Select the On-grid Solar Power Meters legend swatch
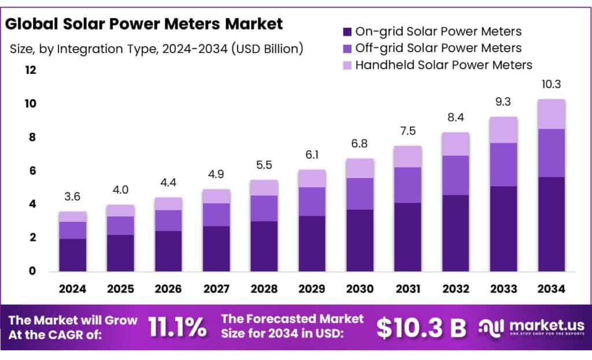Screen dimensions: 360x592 click(x=347, y=31)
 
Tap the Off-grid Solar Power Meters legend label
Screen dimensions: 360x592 click(x=438, y=48)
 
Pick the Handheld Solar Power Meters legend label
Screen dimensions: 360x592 click(x=443, y=65)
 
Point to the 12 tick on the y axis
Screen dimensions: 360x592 click(x=30, y=70)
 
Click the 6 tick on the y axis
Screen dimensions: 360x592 click(x=33, y=170)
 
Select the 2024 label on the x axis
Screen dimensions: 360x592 click(x=72, y=289)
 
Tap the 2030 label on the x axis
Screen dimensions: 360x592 click(x=359, y=289)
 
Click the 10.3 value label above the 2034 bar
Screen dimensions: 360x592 click(x=550, y=84)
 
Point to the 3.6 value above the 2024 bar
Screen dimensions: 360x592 click(x=72, y=197)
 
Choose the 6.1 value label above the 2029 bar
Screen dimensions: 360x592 click(x=312, y=155)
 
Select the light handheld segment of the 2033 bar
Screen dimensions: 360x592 click(x=502, y=129)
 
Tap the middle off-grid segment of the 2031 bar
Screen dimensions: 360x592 click(x=407, y=185)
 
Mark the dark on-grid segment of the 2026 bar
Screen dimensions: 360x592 click(x=168, y=251)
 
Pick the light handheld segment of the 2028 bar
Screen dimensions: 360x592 click(x=264, y=187)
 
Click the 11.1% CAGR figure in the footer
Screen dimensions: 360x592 click(x=177, y=327)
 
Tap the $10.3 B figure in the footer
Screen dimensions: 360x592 click(x=421, y=328)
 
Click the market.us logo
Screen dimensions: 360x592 click(x=531, y=327)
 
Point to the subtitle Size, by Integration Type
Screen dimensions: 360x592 click(x=156, y=49)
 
